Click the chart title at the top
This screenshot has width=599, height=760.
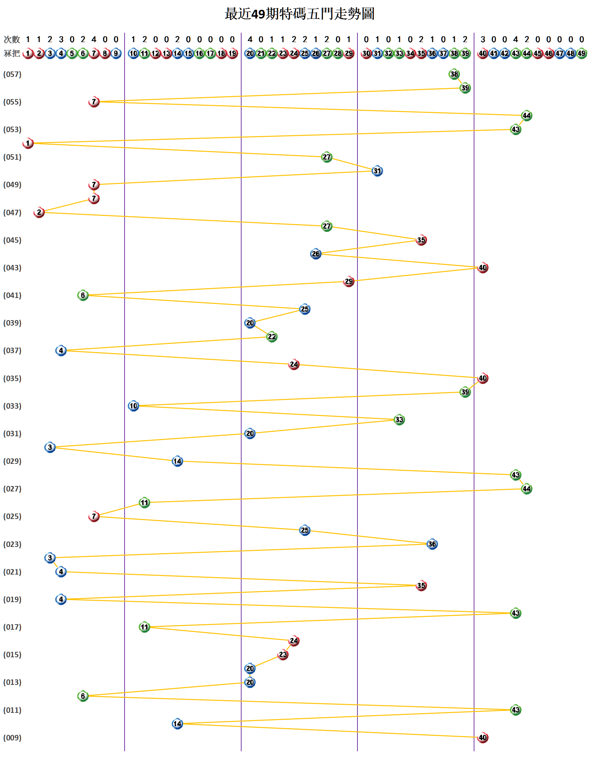click(299, 14)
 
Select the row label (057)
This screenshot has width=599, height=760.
click(12, 74)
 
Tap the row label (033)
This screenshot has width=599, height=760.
click(12, 406)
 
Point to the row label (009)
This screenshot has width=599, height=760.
click(12, 738)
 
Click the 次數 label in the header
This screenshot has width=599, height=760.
click(12, 39)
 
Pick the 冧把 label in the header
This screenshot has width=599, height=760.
click(12, 53)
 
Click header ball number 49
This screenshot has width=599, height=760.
click(582, 53)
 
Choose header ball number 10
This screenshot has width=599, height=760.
click(133, 53)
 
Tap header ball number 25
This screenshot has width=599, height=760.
click(305, 53)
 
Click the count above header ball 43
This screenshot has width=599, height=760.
click(515, 39)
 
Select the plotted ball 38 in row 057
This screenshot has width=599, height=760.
click(454, 74)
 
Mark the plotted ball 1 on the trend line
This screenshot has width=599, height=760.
click(28, 143)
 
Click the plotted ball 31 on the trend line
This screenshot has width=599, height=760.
click(377, 171)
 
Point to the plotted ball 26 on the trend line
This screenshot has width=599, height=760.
click(316, 254)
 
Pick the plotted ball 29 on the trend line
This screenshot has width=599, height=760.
click(349, 281)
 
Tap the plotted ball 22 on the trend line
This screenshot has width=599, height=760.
click(272, 337)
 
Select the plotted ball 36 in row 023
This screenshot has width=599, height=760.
click(432, 544)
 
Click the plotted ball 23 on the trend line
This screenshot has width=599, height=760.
click(283, 655)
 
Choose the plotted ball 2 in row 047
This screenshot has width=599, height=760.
click(39, 212)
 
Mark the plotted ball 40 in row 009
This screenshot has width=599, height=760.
click(482, 737)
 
